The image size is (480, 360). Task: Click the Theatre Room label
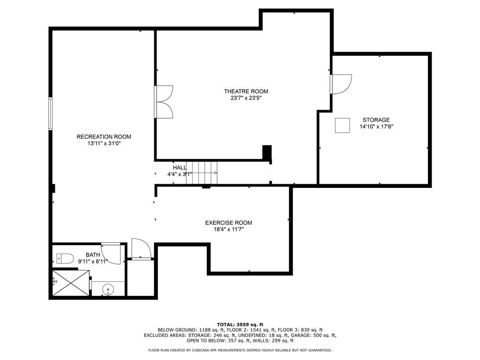pos(246,91)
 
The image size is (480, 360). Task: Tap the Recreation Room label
pos(104,137)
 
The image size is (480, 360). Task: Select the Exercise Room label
pos(228,223)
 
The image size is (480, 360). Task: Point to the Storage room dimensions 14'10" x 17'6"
pos(376,127)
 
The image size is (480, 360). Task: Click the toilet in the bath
pos(65,259)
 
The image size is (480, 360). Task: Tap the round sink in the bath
pos(108,288)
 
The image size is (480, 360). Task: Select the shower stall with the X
pos(71,283)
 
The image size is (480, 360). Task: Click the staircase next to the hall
pos(202,173)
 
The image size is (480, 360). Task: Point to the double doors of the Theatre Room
pos(164,102)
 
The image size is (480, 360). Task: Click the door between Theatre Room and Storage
pos(341,84)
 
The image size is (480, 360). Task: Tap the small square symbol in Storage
pos(342,126)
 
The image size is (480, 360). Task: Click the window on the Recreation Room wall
pos(51,113)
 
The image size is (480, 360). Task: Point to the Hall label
pos(180,168)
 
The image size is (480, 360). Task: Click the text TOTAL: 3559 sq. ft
pos(240,324)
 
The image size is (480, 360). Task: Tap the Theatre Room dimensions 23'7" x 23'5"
pos(246,98)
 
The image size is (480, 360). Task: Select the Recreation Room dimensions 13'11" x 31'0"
pos(104,143)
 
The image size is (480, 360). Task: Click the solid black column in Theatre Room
pos(267,152)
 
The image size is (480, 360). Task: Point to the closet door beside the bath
pos(141,248)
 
